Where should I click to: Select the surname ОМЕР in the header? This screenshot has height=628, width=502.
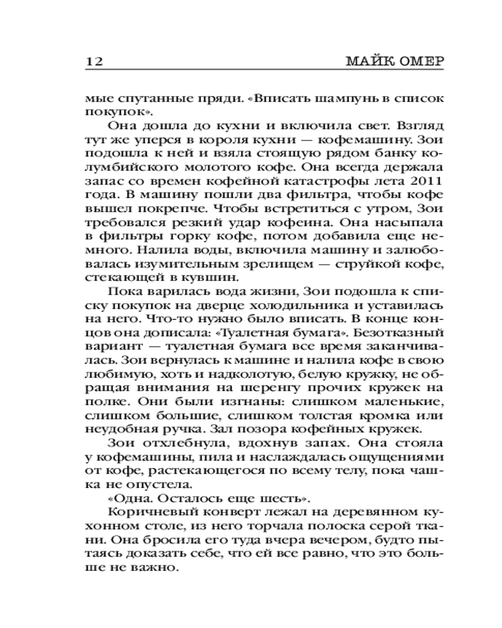420,62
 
